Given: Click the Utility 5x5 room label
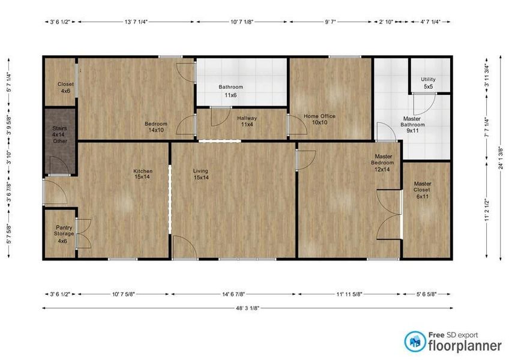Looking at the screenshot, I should point(428,83).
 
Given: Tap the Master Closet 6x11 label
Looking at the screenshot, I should point(422,190).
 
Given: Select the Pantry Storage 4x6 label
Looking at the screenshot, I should point(64,233).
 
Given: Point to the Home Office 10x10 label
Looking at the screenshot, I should point(319,119).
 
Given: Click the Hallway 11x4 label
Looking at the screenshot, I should point(247,121).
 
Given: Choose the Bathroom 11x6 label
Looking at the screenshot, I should point(230,91).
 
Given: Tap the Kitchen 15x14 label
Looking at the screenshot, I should point(142,174).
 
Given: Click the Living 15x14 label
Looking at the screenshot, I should point(200,174).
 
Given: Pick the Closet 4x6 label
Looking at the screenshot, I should point(65,87).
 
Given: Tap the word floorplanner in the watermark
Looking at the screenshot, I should point(464,346).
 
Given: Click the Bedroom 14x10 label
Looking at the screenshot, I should point(155,127).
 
